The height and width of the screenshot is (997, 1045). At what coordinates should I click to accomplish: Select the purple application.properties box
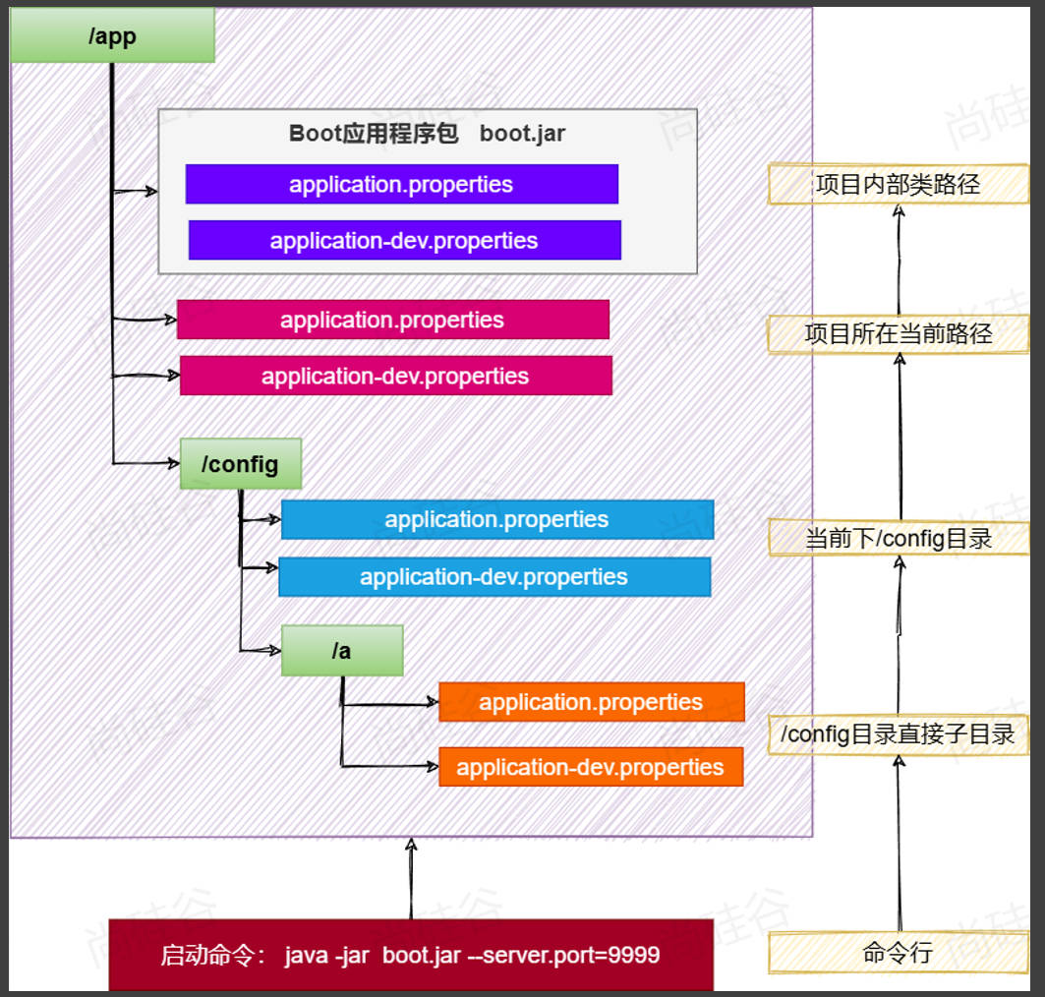coord(401,184)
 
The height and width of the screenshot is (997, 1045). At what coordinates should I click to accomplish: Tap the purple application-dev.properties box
coord(404,240)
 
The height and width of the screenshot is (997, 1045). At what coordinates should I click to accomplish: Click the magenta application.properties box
coord(392,320)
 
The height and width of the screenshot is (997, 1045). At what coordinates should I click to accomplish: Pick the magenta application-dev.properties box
coord(395,376)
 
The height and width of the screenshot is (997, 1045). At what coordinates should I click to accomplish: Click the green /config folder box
coord(240,464)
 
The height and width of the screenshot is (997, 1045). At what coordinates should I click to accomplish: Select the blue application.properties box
coord(496,519)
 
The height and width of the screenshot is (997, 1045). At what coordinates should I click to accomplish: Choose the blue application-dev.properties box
coord(493,576)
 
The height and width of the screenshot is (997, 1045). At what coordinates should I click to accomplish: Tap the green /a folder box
coord(342,650)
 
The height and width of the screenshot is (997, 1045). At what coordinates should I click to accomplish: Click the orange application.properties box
coord(591,702)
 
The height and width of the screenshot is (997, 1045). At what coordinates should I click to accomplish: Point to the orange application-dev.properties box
coord(590,767)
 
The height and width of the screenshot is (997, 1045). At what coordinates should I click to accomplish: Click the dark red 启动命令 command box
coord(410,955)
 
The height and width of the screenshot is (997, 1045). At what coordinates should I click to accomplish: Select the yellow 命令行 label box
coord(898,952)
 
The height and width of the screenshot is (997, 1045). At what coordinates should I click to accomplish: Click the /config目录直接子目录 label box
coord(898,733)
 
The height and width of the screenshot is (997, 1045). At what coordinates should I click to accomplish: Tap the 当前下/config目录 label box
coord(898,538)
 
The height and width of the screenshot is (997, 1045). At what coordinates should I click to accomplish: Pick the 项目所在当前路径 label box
coord(898,333)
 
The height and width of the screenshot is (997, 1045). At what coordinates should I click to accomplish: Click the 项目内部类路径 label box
coord(898,184)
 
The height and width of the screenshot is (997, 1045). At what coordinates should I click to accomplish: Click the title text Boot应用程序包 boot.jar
coord(427,134)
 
